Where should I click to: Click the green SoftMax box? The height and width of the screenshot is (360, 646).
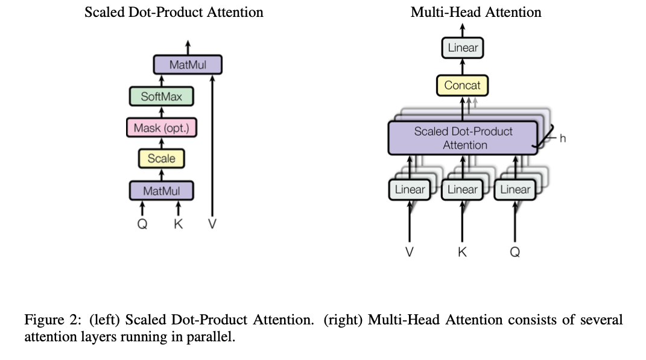tap(162, 96)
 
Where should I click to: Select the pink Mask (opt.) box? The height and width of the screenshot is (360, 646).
tap(162, 128)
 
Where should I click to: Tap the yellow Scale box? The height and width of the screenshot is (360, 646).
tap(162, 159)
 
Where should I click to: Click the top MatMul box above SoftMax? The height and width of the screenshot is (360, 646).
tap(188, 65)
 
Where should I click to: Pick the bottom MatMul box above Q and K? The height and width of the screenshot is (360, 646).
tap(162, 191)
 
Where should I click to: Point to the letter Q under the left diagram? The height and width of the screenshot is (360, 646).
tap(142, 224)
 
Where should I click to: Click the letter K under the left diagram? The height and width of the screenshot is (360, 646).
tap(179, 224)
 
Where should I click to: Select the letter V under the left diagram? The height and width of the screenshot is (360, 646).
tap(212, 224)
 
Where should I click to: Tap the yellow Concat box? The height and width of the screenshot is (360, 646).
tap(462, 85)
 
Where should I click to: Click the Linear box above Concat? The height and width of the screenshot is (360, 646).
tap(463, 48)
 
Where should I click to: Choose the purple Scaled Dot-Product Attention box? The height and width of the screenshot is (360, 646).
tap(463, 138)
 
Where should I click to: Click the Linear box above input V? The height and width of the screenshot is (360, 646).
tap(410, 189)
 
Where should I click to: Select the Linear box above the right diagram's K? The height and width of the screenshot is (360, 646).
tap(462, 189)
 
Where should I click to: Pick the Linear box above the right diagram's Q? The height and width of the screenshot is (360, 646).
tap(515, 189)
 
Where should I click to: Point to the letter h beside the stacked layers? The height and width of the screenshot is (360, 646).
tap(563, 139)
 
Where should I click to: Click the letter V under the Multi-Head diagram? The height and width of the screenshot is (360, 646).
tap(410, 251)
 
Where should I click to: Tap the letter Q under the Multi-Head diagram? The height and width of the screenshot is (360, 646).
tap(515, 252)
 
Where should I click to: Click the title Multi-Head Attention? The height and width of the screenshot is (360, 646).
tap(476, 12)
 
